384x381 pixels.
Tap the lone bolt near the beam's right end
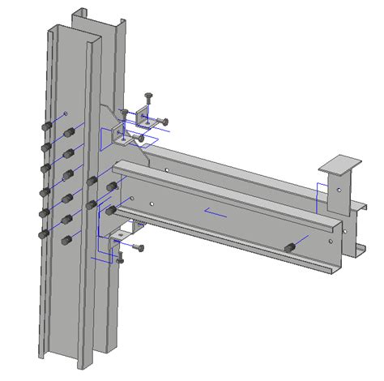(288, 246)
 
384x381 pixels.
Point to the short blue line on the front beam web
(215, 213)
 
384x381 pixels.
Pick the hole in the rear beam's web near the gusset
(165, 170)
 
